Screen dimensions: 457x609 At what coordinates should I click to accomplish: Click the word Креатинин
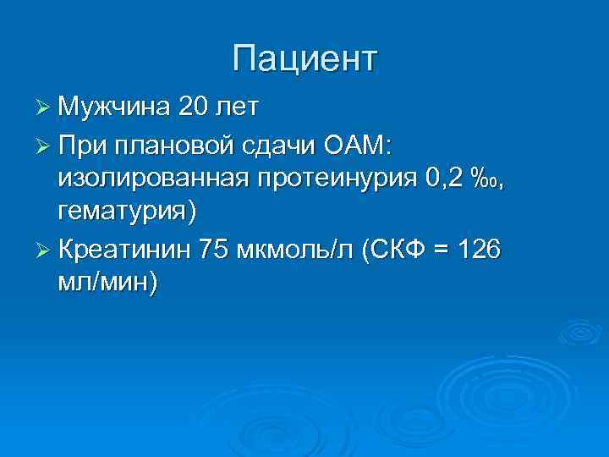[126, 250]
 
